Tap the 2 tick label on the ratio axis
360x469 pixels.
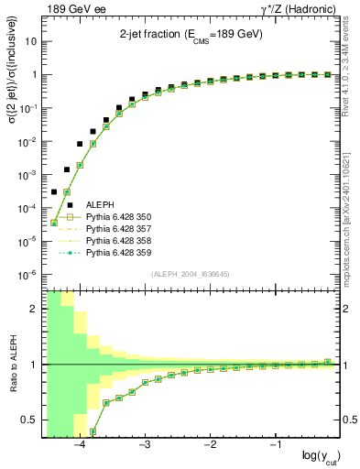33,309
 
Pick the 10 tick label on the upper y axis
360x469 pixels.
29,42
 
